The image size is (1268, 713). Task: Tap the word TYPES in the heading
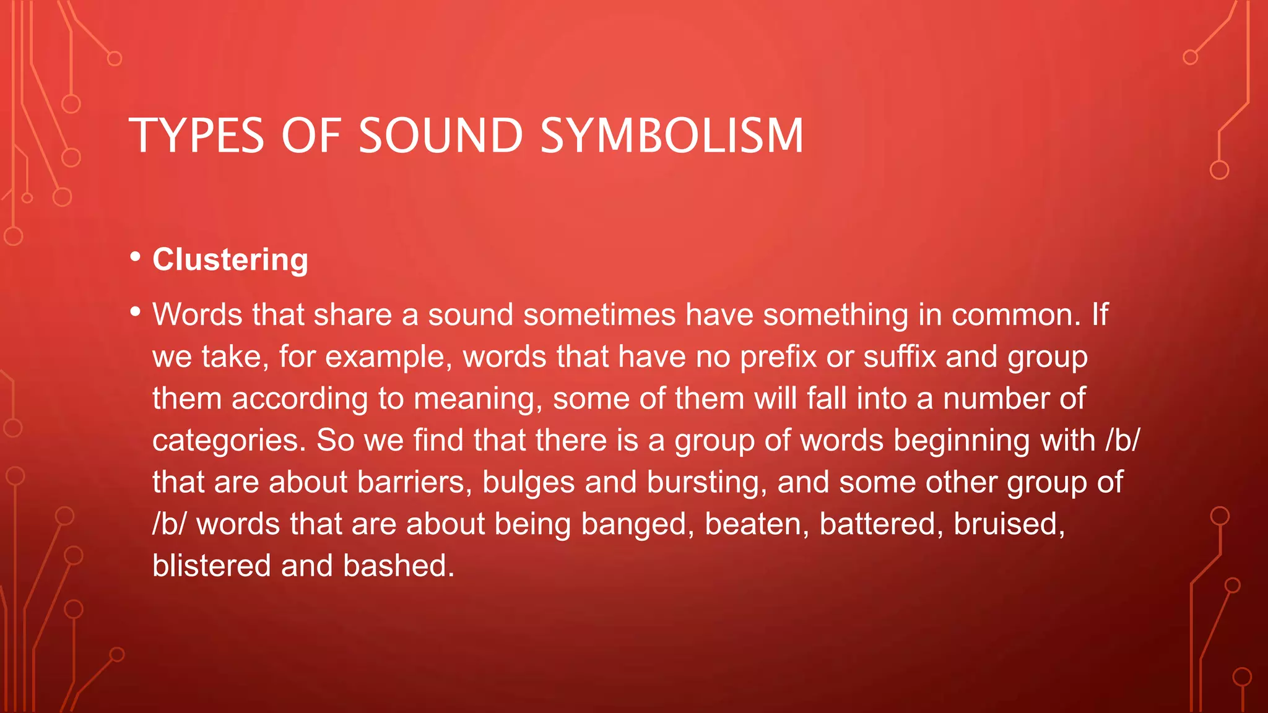[196, 136]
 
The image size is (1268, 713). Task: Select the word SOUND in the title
[441, 136]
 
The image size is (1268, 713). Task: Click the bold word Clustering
[230, 259]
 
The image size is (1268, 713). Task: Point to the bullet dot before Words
[136, 312]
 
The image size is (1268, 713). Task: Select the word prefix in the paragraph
[778, 356]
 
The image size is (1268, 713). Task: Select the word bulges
[528, 482]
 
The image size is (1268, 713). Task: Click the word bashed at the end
[399, 566]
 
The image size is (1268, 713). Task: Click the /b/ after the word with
[1122, 440]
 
